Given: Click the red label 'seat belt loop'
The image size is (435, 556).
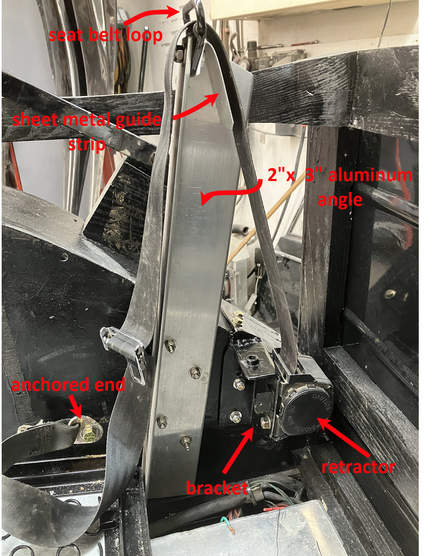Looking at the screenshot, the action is (106, 35).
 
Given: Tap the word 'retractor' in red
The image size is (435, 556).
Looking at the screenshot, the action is (358, 467).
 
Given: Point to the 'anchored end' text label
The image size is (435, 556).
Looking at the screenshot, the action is (68, 384).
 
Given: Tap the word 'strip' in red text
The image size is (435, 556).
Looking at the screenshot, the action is (86, 145).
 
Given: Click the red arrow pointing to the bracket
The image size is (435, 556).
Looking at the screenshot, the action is (238, 450).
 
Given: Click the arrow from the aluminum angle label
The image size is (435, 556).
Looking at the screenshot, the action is (230, 192).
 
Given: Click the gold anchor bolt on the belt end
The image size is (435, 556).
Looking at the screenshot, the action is (88, 430).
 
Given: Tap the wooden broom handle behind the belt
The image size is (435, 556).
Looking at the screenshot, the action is (266, 217).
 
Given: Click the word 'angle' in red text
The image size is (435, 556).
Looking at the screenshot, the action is (340, 201).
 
